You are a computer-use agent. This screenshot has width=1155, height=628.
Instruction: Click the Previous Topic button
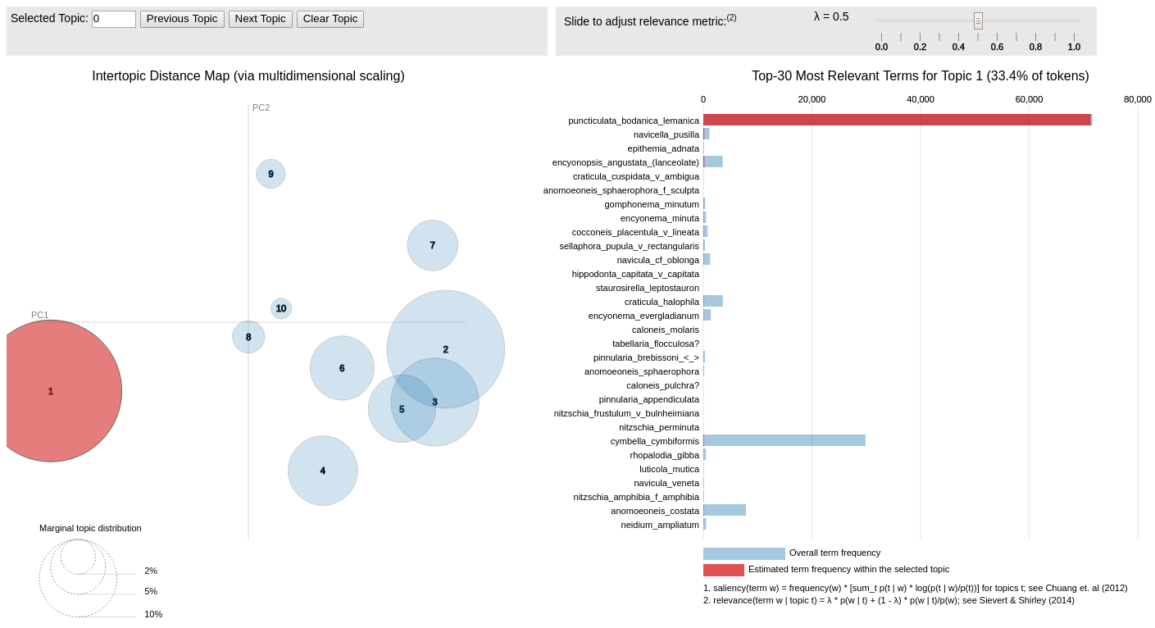click(182, 19)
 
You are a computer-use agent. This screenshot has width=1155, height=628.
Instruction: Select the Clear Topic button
click(330, 19)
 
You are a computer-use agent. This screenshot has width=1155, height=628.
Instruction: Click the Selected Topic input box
click(114, 19)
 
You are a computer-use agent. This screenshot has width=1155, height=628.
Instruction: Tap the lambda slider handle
click(978, 20)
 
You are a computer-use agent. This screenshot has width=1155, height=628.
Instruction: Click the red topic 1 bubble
click(51, 391)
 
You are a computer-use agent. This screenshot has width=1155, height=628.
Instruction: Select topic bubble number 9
click(271, 174)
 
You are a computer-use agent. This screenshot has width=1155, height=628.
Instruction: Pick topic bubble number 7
click(433, 245)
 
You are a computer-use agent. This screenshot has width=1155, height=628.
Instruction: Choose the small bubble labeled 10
click(281, 308)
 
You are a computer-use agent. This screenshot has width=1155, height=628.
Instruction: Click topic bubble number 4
click(323, 471)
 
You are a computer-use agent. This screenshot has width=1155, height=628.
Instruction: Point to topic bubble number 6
click(342, 368)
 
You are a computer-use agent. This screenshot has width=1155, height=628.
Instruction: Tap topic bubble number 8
click(248, 337)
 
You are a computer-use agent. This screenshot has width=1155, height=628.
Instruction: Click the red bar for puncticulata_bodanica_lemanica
click(897, 120)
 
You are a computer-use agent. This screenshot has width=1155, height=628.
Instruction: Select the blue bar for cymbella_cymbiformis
click(784, 440)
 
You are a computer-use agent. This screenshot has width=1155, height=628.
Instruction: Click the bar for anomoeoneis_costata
click(725, 510)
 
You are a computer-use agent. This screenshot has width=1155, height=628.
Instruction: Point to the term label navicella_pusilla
click(666, 134)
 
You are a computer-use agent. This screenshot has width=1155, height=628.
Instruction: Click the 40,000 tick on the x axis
click(920, 99)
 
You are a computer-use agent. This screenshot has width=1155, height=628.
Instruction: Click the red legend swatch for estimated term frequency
click(723, 570)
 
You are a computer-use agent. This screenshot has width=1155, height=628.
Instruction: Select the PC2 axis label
click(261, 107)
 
